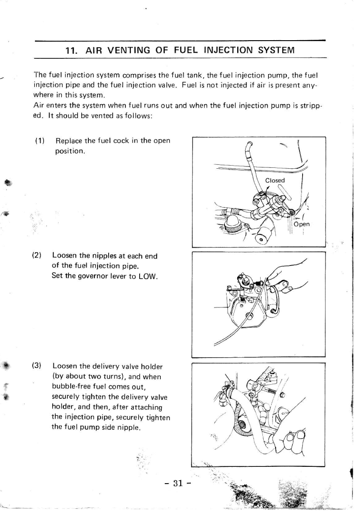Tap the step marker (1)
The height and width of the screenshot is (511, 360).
[40, 141]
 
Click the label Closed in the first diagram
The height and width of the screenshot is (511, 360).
[275, 180]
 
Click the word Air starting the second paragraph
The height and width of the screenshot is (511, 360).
[39, 106]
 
